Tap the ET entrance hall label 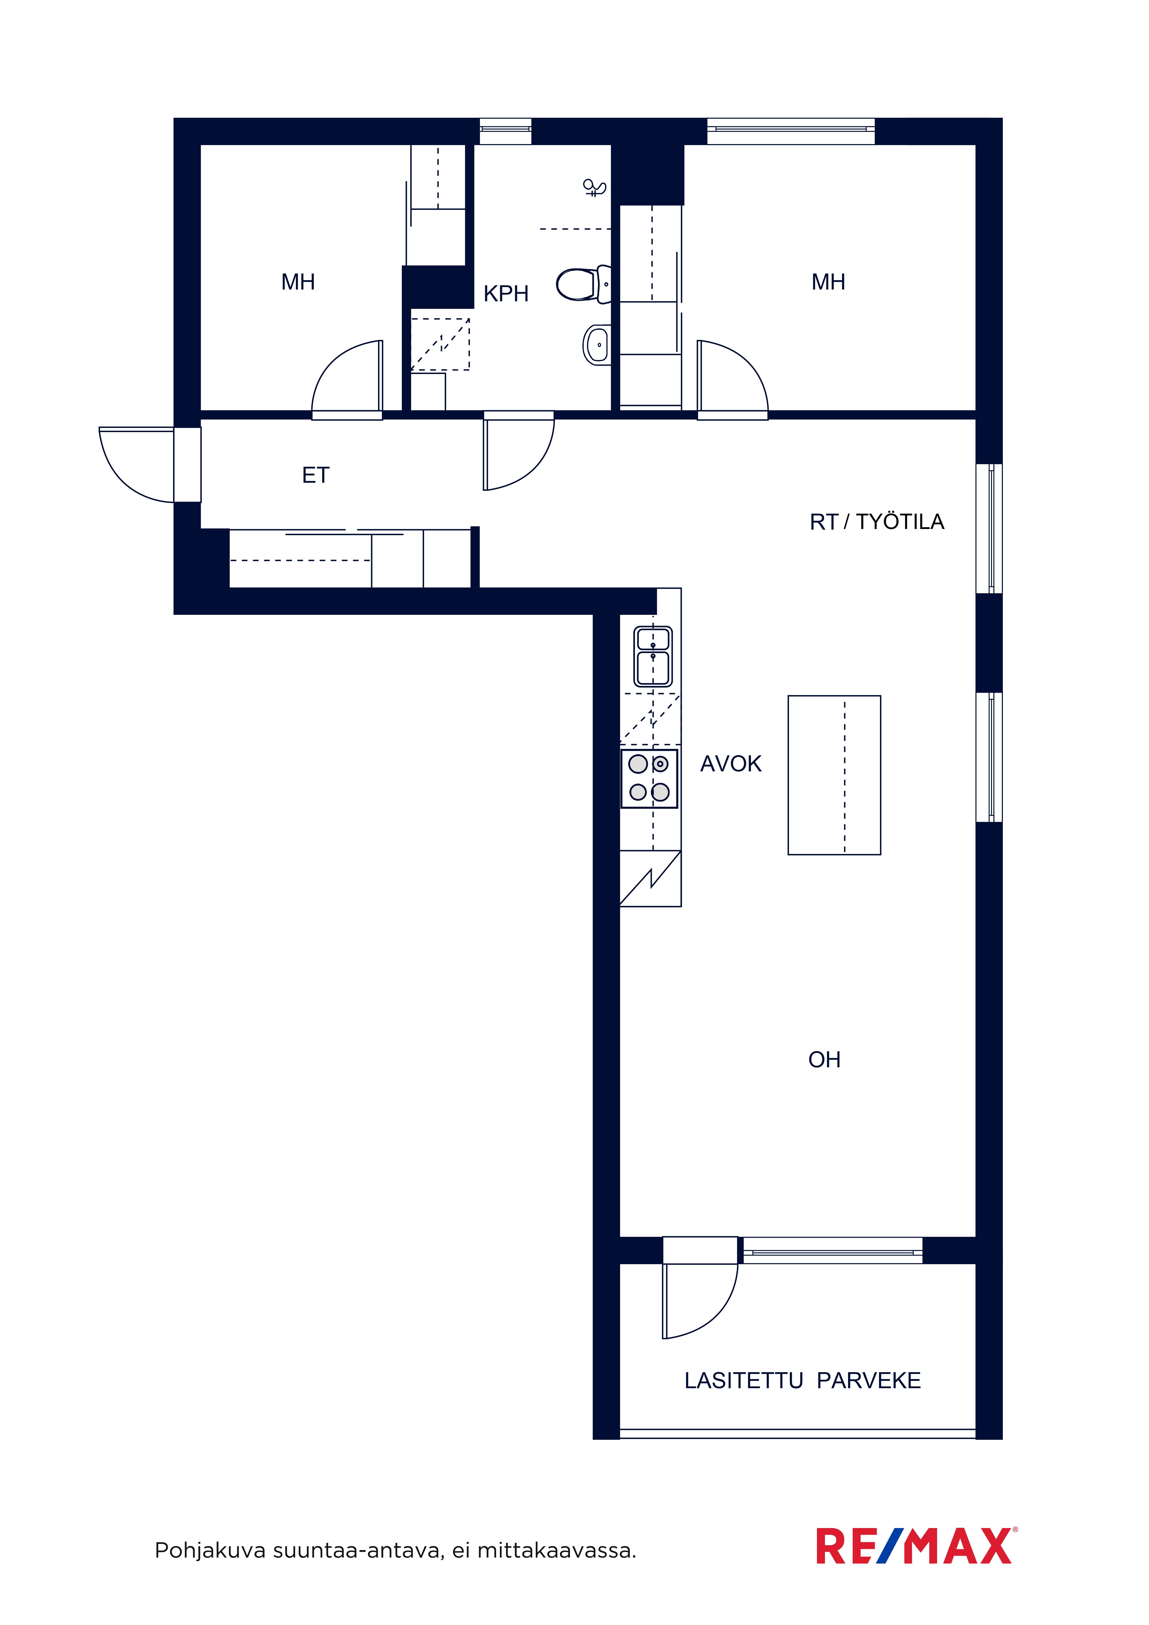pos(316,475)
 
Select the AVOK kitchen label pos(730,764)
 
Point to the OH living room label pos(824,1060)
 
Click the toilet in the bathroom pos(584,285)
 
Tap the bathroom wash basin pos(597,345)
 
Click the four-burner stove pos(649,778)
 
